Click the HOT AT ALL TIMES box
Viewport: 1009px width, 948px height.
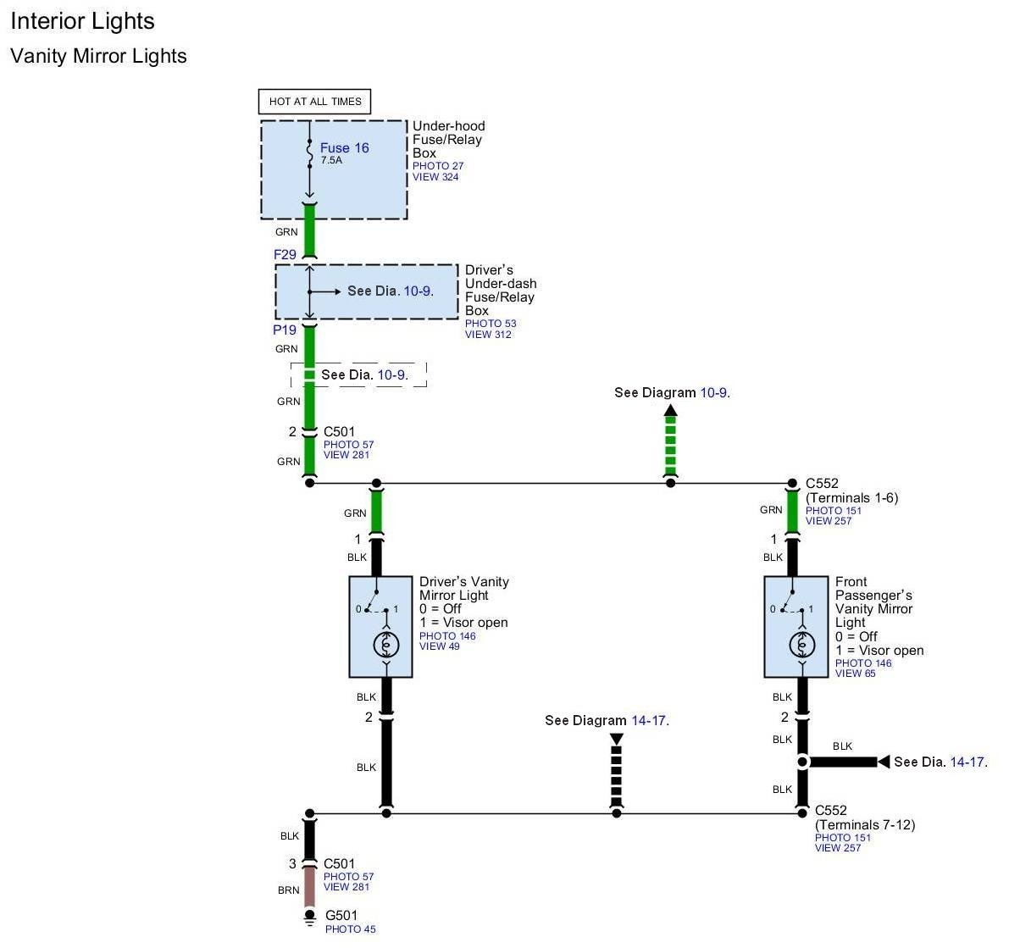[x=314, y=102]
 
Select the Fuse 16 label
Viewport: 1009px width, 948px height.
[x=344, y=148]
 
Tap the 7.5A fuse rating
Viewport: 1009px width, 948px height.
[x=331, y=160]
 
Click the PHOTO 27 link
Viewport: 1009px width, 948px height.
[x=438, y=166]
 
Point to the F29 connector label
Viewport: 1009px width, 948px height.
[x=285, y=254]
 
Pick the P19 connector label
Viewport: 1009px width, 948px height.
[x=285, y=330]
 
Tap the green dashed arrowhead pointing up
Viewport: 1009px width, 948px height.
[x=671, y=412]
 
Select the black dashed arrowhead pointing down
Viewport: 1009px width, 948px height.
[x=617, y=740]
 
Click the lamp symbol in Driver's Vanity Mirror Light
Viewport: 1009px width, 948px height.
[x=386, y=646]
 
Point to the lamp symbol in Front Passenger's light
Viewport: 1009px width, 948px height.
[x=801, y=646]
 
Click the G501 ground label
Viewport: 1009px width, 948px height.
[x=341, y=915]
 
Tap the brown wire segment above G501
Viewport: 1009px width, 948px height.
[x=310, y=887]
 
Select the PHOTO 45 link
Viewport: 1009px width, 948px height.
[x=350, y=929]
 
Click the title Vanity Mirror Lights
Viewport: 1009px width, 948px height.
[x=98, y=56]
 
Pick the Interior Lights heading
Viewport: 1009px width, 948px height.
[x=83, y=21]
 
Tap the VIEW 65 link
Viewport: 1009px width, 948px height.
[x=855, y=674]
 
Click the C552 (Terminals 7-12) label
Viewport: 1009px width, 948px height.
[x=864, y=818]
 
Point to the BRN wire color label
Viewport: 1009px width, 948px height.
[x=288, y=890]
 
